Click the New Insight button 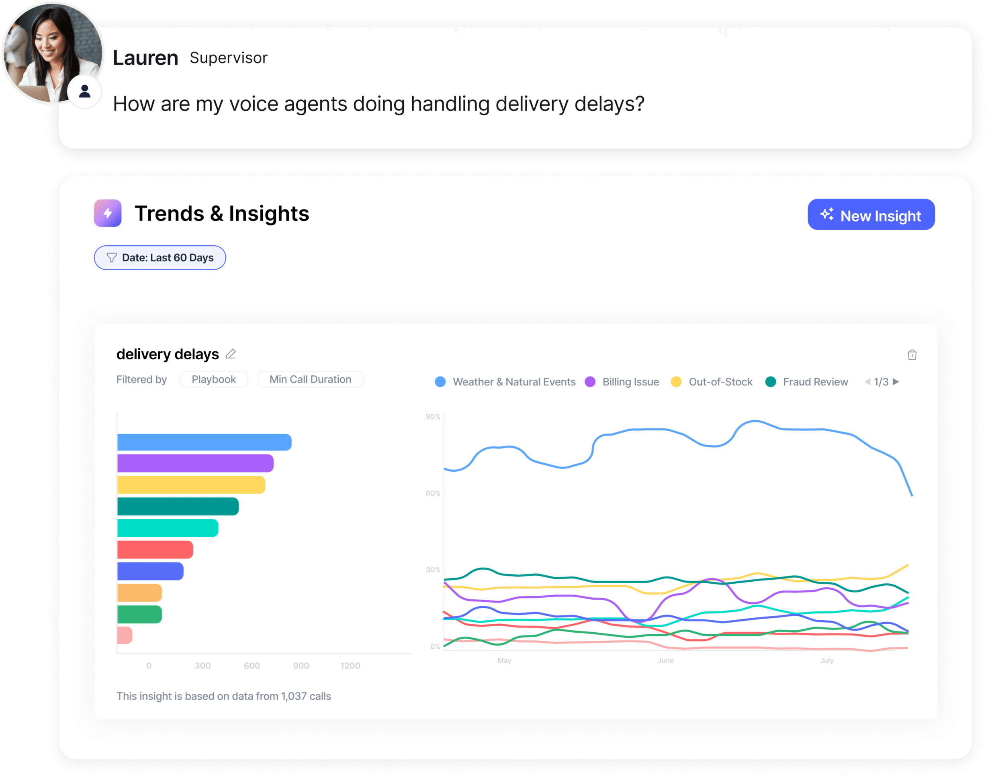[x=871, y=215]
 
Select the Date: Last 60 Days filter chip [x=160, y=258]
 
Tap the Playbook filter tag [x=213, y=379]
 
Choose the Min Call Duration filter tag [x=310, y=379]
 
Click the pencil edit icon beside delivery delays [x=231, y=354]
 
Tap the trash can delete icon [x=912, y=355]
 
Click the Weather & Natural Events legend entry [x=505, y=382]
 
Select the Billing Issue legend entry [x=622, y=382]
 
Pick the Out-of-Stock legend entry [x=712, y=382]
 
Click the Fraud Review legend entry [x=807, y=382]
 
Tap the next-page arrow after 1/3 [x=896, y=382]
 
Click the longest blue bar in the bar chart [x=204, y=442]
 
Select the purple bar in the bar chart [x=195, y=463]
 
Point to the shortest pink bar [x=124, y=635]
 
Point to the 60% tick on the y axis [x=432, y=493]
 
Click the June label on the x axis [x=665, y=660]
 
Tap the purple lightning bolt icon [x=108, y=213]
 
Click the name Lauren [x=145, y=58]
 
